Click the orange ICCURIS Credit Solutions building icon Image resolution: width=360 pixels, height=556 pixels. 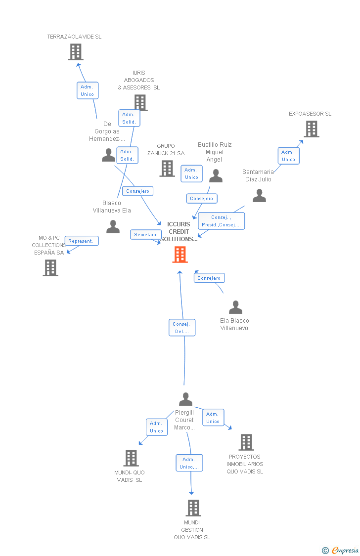[x=180, y=255]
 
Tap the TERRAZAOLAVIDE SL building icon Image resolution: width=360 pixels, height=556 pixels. [x=76, y=52]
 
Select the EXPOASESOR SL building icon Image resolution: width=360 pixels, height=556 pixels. [x=311, y=129]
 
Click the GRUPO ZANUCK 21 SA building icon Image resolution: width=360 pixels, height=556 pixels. [x=167, y=169]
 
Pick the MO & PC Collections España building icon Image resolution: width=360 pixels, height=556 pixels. [x=50, y=267]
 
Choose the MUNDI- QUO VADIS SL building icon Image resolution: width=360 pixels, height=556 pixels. [x=131, y=458]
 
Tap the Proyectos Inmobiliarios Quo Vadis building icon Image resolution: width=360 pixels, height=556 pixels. [x=246, y=442]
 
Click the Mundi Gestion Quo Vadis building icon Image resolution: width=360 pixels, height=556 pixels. [x=193, y=508]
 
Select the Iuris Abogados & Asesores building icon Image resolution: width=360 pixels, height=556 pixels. [x=140, y=103]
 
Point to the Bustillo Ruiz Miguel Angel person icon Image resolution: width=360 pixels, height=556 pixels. [x=216, y=176]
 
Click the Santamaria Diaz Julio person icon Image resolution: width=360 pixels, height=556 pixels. [x=259, y=196]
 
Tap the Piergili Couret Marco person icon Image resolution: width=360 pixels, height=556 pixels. [x=185, y=399]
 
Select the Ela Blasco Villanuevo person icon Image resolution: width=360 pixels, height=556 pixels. [x=235, y=307]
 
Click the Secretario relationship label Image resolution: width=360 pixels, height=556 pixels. [x=146, y=234]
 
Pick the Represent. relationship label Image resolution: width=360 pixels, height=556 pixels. [x=81, y=241]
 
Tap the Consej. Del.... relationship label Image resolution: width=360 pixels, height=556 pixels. [x=182, y=328]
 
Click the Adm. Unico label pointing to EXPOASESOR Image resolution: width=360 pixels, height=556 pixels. [x=288, y=156]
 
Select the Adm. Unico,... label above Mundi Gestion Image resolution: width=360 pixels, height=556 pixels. [x=189, y=463]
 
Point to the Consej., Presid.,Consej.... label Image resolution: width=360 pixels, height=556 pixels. [x=221, y=221]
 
